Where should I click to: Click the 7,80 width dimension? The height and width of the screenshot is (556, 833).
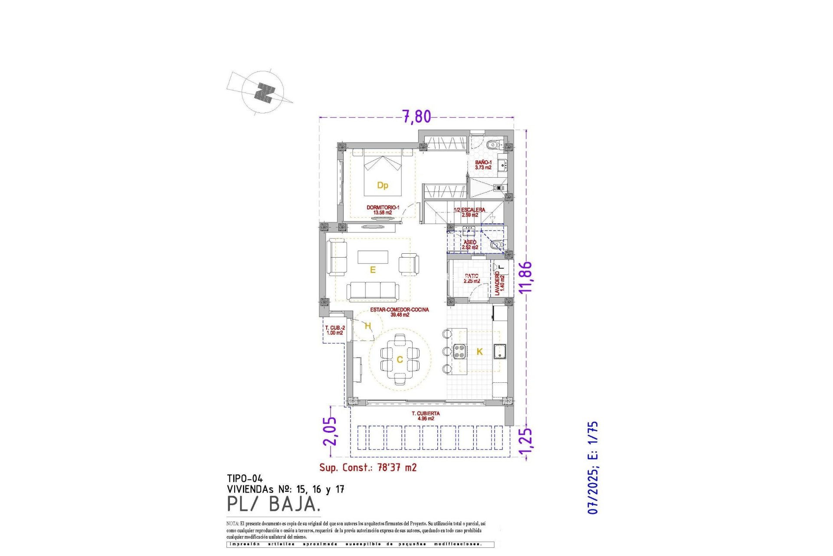(x=416, y=116)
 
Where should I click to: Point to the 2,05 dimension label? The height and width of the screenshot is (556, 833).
(x=330, y=431)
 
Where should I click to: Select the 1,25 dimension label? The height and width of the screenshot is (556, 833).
(x=525, y=443)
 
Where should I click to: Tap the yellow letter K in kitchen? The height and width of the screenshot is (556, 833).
(x=479, y=352)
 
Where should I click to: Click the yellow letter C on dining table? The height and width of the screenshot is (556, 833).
(x=400, y=360)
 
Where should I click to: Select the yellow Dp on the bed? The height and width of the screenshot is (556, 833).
(x=382, y=185)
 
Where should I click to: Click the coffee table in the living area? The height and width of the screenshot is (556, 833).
(x=373, y=257)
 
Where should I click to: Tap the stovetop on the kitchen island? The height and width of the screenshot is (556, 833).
(x=459, y=351)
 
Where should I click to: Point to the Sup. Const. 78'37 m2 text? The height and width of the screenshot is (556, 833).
(x=368, y=467)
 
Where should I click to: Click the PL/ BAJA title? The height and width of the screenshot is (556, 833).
(x=274, y=504)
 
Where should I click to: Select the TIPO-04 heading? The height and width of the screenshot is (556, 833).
(x=245, y=479)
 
